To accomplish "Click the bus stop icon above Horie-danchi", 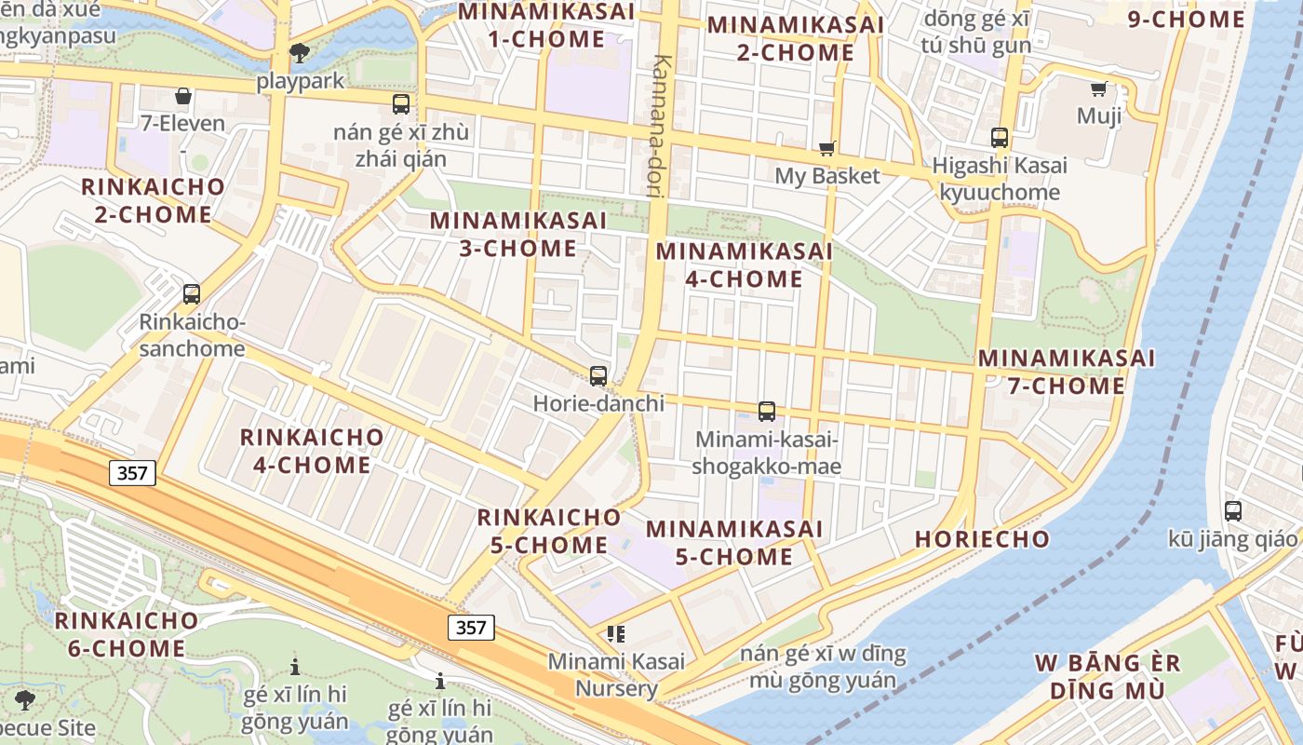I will [598, 376].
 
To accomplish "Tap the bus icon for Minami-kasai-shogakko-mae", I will [767, 411].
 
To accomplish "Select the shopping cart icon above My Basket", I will [826, 148].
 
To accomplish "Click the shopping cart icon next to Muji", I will [1098, 89].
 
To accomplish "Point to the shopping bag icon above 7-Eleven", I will [183, 96].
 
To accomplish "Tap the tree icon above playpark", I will [300, 53].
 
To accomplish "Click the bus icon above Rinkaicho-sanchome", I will [192, 294].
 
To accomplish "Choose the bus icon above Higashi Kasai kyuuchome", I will [1000, 138].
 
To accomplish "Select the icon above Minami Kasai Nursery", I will [615, 634].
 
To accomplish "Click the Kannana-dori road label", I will [662, 125].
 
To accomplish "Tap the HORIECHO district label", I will [982, 539].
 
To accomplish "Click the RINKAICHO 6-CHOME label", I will [127, 634].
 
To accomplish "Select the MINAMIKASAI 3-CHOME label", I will [517, 235].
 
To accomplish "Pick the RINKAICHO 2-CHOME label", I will [154, 200].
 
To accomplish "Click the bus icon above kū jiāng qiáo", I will [1233, 510].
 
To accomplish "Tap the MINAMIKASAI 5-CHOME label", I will [734, 543].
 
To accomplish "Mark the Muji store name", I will [1099, 116].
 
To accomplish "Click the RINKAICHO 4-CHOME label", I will [312, 451].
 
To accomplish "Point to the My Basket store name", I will [827, 176].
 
